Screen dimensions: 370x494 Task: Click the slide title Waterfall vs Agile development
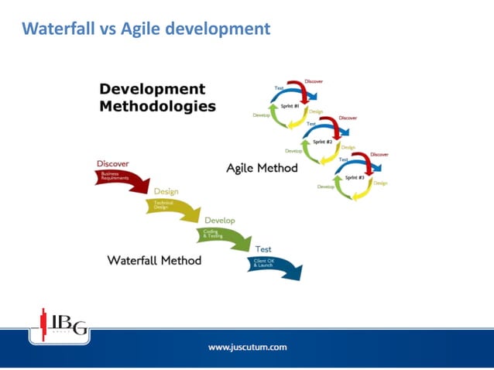pos(146,29)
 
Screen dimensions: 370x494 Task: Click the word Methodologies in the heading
pos(157,106)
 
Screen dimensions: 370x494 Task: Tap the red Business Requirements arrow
pos(122,179)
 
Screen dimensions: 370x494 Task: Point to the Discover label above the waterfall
pos(112,163)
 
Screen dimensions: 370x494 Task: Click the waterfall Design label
pos(166,191)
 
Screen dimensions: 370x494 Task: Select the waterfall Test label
pos(262,248)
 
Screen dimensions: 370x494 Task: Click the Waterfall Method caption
pos(154,260)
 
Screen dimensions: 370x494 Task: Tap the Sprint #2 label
pos(323,142)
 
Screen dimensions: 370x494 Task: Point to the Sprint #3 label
pos(355,177)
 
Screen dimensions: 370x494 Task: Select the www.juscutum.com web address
pos(247,347)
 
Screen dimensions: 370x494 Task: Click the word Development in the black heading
pos(153,89)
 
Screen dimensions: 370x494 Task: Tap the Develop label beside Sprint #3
pos(325,187)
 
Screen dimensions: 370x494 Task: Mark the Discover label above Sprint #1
pos(314,81)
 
